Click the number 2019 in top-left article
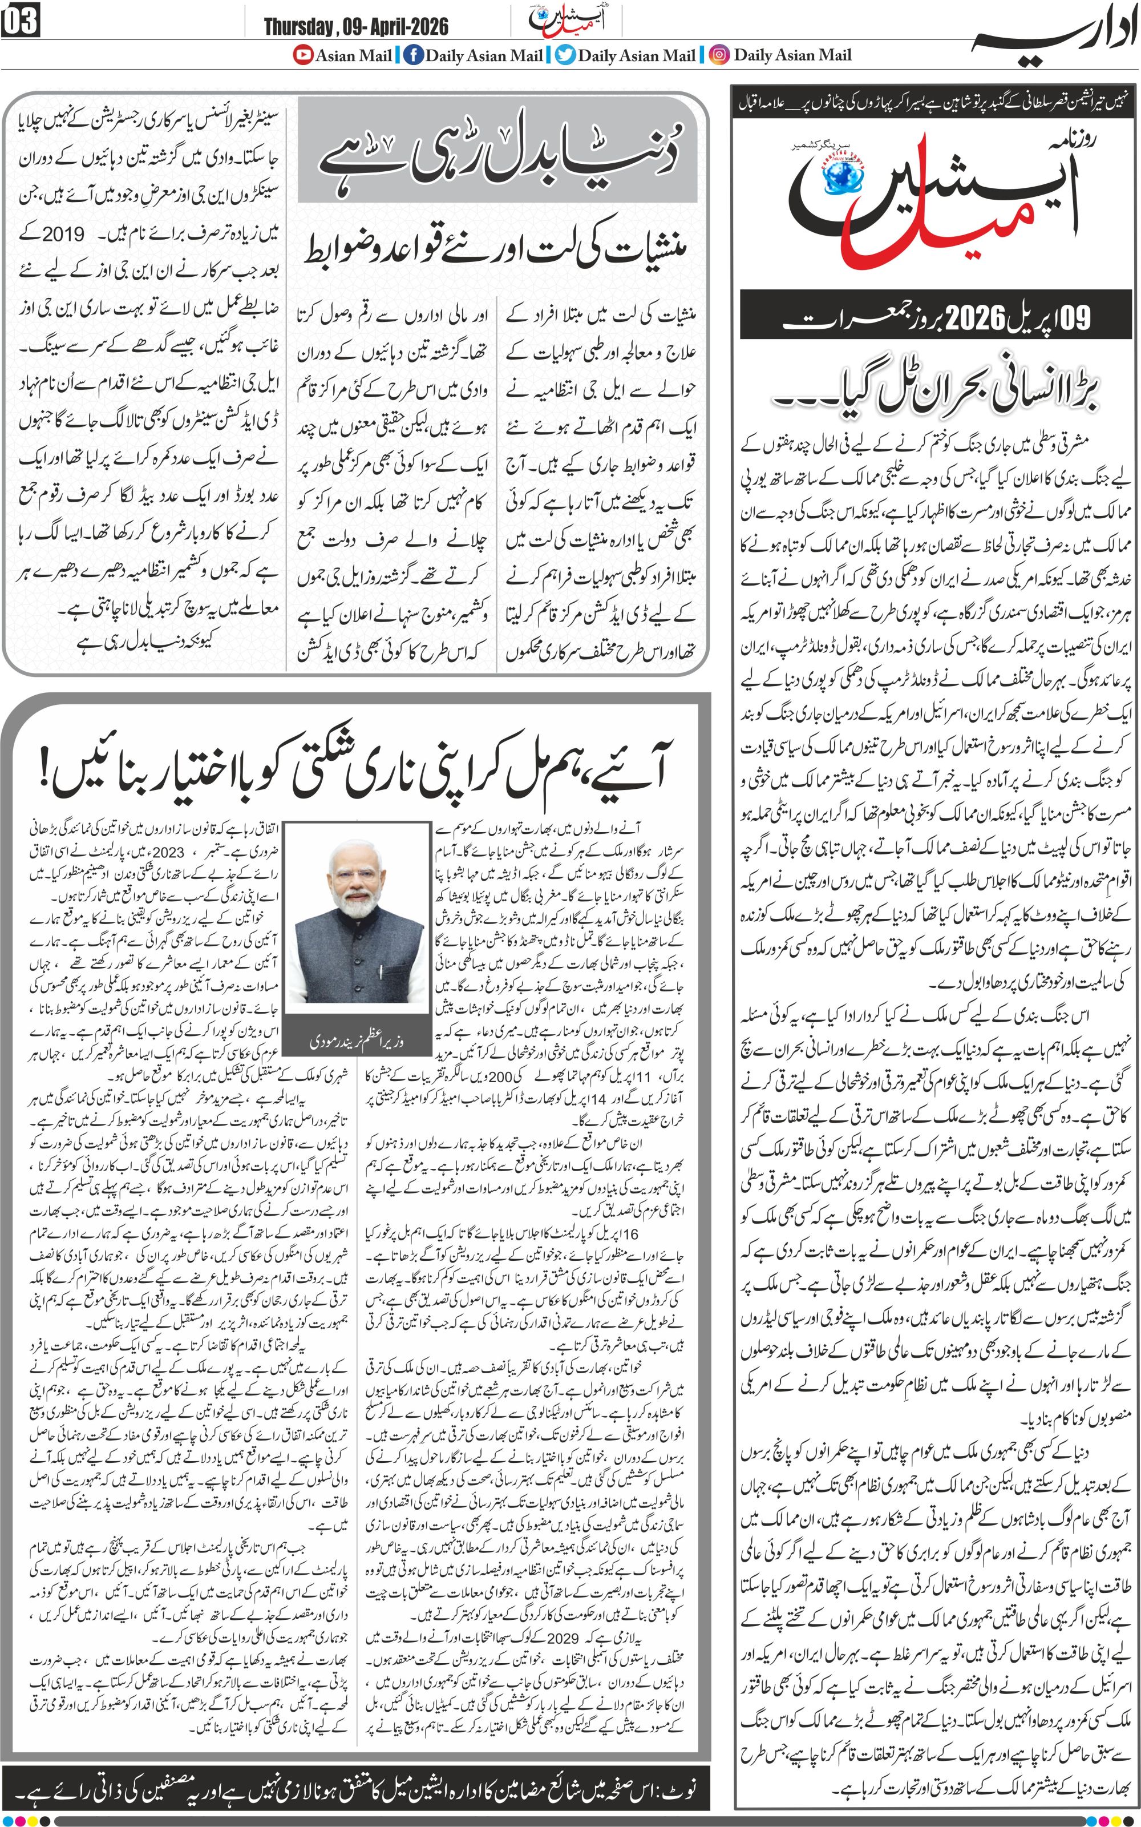click(x=63, y=234)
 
